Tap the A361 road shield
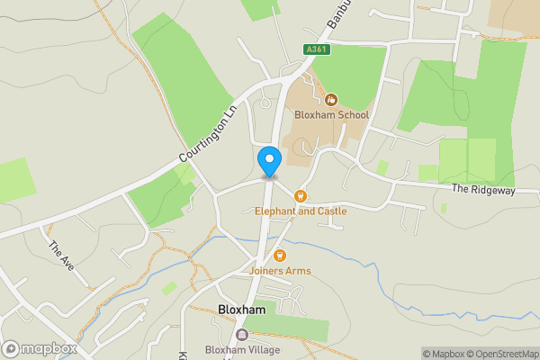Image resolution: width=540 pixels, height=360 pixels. click(316, 49)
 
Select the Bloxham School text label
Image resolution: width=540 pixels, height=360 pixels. click(331, 115)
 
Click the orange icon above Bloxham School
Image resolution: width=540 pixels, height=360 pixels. click(331, 100)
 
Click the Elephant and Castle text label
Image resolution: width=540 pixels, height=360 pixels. click(301, 211)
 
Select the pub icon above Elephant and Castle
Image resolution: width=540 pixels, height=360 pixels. click(301, 195)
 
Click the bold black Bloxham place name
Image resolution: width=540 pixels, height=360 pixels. click(241, 310)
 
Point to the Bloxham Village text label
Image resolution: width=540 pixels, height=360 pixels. click(242, 350)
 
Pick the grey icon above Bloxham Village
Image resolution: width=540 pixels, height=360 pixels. click(241, 335)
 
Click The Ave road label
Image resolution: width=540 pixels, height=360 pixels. click(61, 256)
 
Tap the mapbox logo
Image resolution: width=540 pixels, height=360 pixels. click(40, 349)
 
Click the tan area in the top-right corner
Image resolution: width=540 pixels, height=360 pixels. click(513, 13)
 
